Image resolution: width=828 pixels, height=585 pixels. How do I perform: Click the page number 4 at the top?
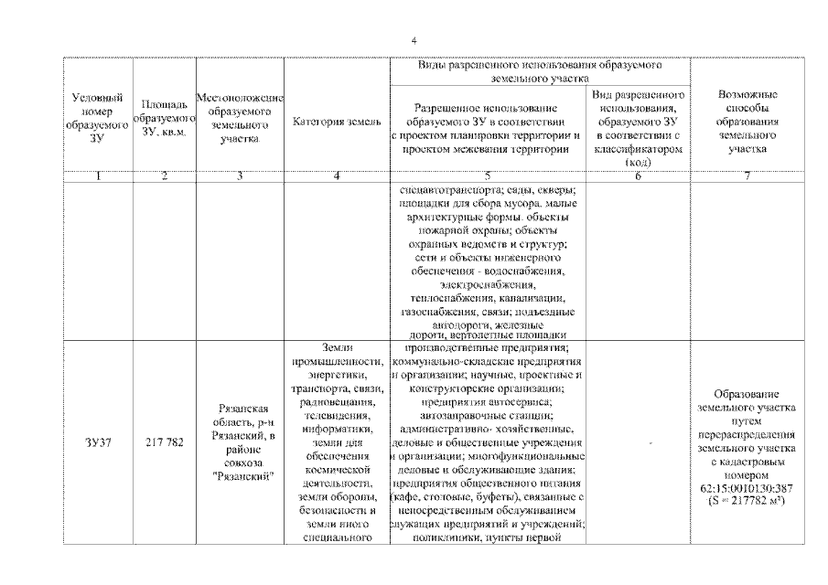[414, 41]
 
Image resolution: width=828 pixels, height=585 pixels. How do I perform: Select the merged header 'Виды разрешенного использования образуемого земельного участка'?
[540, 73]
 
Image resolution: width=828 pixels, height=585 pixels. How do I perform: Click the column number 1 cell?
[97, 176]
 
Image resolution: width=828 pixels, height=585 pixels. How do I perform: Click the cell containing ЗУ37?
[97, 442]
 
